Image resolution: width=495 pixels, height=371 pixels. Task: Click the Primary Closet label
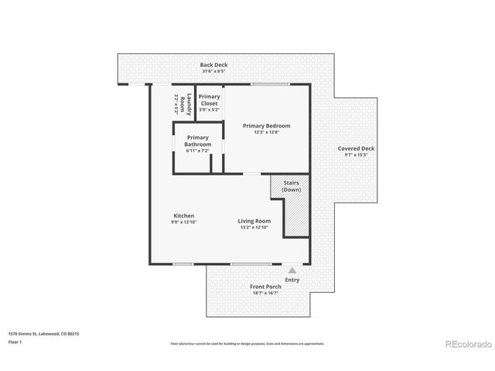pyautogui.click(x=209, y=100)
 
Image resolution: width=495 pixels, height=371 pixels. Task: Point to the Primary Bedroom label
pyautogui.click(x=266, y=125)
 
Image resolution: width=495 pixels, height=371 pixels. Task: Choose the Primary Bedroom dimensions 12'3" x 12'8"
pyautogui.click(x=266, y=132)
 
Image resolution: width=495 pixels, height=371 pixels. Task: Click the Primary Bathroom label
pyautogui.click(x=198, y=141)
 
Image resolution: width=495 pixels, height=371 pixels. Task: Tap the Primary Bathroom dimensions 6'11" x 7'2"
pyautogui.click(x=198, y=151)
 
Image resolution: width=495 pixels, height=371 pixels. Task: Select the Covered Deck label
pyautogui.click(x=356, y=148)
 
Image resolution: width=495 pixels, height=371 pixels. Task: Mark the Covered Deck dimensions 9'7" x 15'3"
pyautogui.click(x=356, y=155)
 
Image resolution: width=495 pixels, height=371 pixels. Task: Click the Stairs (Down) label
pyautogui.click(x=292, y=186)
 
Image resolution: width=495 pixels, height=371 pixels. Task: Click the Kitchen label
pyautogui.click(x=183, y=216)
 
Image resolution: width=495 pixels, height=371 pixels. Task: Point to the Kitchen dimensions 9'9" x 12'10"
pyautogui.click(x=184, y=222)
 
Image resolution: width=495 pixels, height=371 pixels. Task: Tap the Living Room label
pyautogui.click(x=254, y=221)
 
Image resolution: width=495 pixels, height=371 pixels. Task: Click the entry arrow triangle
pyautogui.click(x=292, y=271)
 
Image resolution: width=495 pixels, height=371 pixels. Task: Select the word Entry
pyautogui.click(x=292, y=280)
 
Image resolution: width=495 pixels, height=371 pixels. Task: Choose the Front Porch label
pyautogui.click(x=266, y=287)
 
